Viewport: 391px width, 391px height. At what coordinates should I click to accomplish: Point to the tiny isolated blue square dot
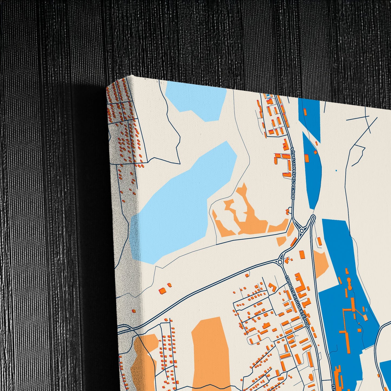[336, 170]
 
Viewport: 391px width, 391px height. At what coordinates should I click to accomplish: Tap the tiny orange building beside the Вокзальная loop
[287, 211]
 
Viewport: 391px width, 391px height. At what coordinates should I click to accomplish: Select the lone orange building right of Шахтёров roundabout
[302, 254]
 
